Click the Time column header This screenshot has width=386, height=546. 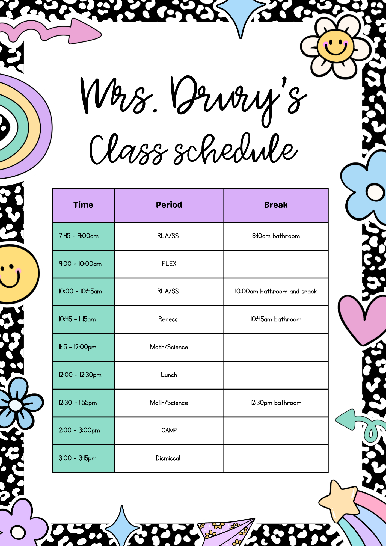click(83, 205)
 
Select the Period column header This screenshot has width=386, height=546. click(169, 205)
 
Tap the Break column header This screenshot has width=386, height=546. click(276, 205)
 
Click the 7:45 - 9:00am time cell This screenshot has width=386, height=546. click(83, 236)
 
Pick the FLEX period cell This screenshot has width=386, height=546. click(169, 264)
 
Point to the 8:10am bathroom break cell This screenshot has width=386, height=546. click(276, 236)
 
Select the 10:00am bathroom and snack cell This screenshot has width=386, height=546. click(276, 292)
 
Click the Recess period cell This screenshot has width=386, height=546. click(169, 320)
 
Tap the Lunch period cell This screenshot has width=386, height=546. click(169, 375)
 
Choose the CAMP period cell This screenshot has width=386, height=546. click(169, 431)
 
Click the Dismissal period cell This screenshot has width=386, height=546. click(169, 458)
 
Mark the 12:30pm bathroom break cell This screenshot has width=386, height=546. click(276, 403)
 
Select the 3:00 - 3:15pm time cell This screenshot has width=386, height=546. click(83, 458)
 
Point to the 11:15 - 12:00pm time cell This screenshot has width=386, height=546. click(83, 347)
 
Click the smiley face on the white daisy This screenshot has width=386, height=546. click(335, 46)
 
